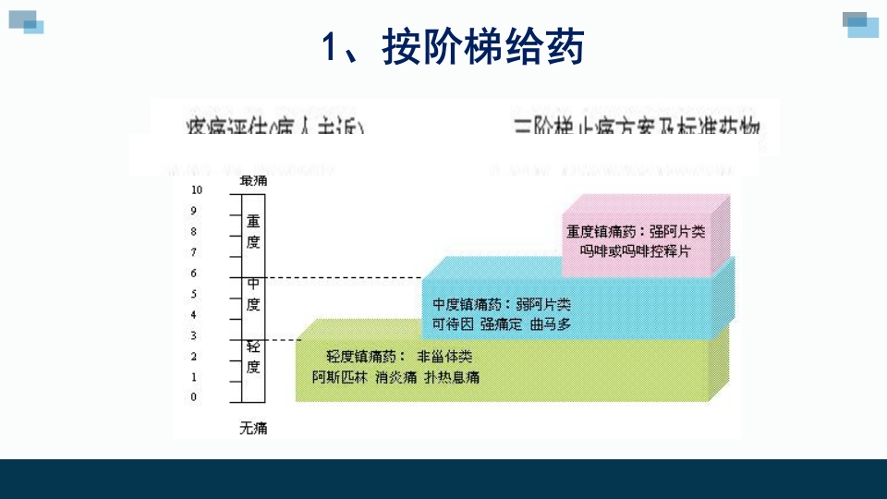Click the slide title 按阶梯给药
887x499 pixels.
(453, 49)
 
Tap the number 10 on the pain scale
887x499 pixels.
(196, 189)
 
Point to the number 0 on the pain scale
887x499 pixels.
(194, 397)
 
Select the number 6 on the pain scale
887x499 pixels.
(194, 274)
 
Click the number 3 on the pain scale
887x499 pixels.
(194, 335)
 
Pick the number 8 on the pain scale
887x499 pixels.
(194, 231)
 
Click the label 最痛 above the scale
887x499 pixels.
(253, 180)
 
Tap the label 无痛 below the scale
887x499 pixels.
(253, 428)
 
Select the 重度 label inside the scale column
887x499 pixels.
(253, 231)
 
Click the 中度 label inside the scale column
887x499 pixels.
(253, 294)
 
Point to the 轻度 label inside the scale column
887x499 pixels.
(253, 357)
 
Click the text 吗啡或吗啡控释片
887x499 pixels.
(635, 251)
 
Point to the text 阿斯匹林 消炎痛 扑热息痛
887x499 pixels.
(395, 378)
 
